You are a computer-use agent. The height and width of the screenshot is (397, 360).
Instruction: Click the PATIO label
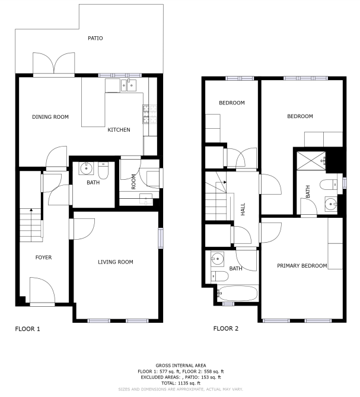(x=95, y=38)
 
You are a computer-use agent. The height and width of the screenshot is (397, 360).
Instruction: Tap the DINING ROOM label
(x=50, y=117)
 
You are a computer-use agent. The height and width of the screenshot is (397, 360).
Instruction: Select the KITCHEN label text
(x=119, y=129)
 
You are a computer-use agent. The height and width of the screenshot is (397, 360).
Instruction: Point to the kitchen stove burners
(x=150, y=114)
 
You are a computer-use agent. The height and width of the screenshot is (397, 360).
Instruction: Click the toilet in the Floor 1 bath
(x=103, y=170)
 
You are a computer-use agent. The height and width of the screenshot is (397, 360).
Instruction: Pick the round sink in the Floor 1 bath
(x=86, y=168)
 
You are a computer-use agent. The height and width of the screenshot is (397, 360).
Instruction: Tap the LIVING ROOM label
(x=116, y=262)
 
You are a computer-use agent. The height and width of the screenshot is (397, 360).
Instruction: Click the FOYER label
(x=43, y=258)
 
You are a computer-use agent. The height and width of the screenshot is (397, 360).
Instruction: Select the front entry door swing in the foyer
(x=42, y=290)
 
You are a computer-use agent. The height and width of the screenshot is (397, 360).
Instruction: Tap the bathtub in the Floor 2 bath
(x=238, y=293)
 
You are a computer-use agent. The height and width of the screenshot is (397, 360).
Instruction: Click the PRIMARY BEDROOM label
(x=302, y=266)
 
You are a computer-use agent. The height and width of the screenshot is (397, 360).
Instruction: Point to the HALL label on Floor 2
(x=243, y=209)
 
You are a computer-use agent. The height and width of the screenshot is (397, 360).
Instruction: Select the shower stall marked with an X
(x=311, y=161)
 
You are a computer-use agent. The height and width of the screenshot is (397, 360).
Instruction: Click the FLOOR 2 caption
(x=225, y=329)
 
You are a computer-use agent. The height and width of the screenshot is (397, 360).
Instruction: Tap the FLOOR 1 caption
(x=27, y=329)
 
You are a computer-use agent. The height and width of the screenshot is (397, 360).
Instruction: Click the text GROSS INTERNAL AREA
(x=181, y=366)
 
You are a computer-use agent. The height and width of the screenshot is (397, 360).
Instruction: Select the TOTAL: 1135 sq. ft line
(x=181, y=383)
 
